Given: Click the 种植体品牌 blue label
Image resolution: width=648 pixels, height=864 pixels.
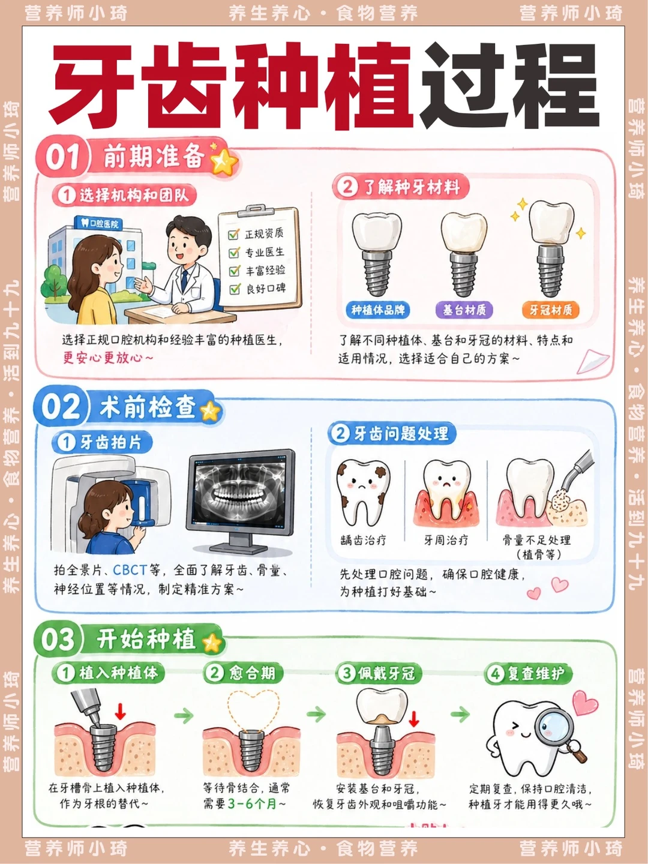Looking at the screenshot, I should pyautogui.click(x=377, y=310).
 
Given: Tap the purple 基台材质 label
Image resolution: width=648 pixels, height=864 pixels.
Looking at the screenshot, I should pyautogui.click(x=464, y=310).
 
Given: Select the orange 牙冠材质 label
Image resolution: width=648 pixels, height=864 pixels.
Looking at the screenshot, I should pyautogui.click(x=550, y=310).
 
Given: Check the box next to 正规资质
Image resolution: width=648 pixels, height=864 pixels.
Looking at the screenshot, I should pyautogui.click(x=234, y=235).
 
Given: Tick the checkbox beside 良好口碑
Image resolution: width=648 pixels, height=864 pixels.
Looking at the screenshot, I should pyautogui.click(x=235, y=289).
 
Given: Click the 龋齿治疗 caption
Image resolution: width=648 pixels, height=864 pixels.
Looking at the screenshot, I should pyautogui.click(x=363, y=540).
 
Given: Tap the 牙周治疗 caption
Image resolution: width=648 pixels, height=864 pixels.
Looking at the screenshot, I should pyautogui.click(x=446, y=540).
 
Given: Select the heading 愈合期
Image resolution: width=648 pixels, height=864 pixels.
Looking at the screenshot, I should pyautogui.click(x=252, y=673).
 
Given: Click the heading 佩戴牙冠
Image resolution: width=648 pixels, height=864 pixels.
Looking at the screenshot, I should pyautogui.click(x=386, y=673).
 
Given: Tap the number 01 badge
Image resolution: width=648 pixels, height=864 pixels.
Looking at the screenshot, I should pyautogui.click(x=62, y=157).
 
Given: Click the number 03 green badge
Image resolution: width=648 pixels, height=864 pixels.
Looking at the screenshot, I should pyautogui.click(x=58, y=640).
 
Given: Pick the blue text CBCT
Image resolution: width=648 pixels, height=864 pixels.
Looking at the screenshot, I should pyautogui.click(x=130, y=570).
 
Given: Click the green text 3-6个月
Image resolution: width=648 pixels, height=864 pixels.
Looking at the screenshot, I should pyautogui.click(x=252, y=803).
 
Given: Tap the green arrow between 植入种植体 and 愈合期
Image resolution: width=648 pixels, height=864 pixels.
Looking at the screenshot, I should pyautogui.click(x=184, y=715).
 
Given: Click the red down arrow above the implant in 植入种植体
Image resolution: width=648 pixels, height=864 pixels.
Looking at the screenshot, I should pyautogui.click(x=121, y=712).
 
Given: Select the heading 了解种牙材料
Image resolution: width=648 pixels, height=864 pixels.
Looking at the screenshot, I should pyautogui.click(x=412, y=187).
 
